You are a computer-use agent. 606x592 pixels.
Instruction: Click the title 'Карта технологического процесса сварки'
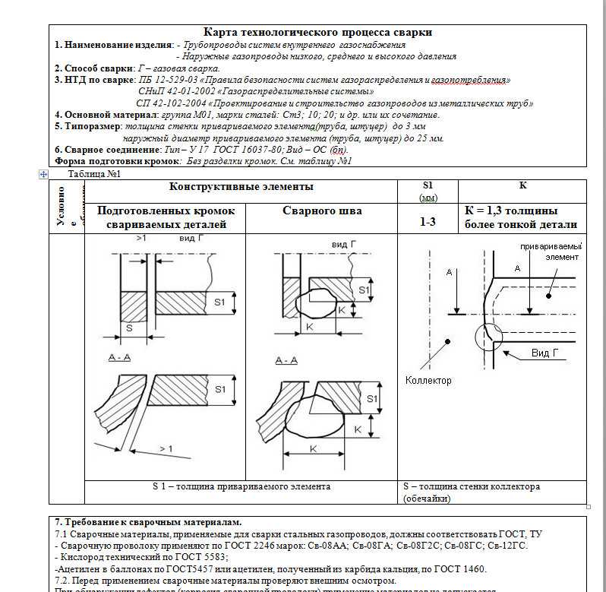point(318,32)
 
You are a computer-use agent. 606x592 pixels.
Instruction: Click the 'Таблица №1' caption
point(95,174)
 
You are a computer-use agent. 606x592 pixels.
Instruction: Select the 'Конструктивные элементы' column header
point(241,187)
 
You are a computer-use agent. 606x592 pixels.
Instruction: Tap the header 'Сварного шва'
point(322,211)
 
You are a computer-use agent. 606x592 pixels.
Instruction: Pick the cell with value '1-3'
point(428,223)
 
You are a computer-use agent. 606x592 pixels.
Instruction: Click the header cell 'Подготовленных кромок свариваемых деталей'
point(166,217)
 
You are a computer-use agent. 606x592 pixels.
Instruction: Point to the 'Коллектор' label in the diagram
point(428,380)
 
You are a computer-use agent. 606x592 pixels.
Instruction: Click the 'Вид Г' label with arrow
point(551,354)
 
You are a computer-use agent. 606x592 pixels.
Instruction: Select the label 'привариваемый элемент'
point(551,252)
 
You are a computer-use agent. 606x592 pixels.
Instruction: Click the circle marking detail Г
point(487,334)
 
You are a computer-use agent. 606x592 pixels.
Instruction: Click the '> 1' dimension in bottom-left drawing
point(165,448)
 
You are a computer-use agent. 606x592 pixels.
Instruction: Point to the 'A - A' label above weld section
point(287,360)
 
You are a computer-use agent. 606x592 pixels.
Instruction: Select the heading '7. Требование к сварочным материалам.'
point(148,522)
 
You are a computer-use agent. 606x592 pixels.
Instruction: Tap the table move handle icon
point(43,174)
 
